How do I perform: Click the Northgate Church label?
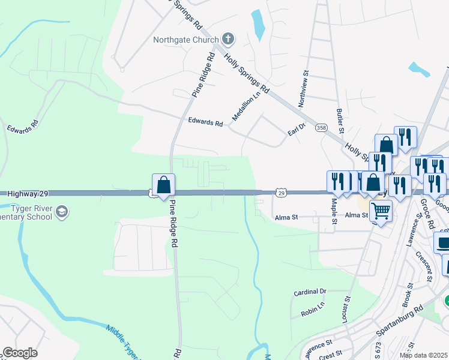pyautogui.click(x=185, y=40)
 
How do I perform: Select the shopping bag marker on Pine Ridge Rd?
pyautogui.click(x=163, y=186)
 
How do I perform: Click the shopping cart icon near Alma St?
pyautogui.click(x=380, y=211)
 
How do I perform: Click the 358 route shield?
pyautogui.click(x=321, y=128)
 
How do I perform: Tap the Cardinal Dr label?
pyautogui.click(x=310, y=292)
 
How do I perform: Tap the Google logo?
pyautogui.click(x=20, y=353)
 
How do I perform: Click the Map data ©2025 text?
pyautogui.click(x=423, y=355)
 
